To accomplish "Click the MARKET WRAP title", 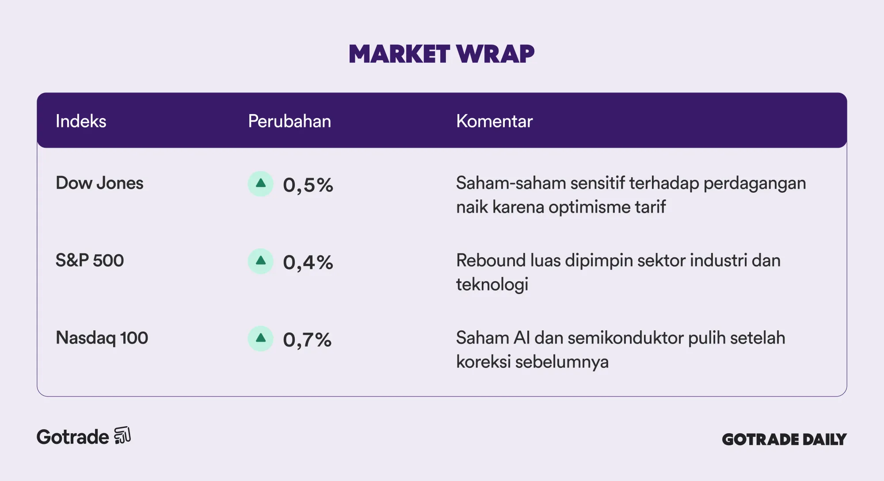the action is tap(442, 54).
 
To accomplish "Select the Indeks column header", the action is tap(81, 121).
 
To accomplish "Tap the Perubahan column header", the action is tap(290, 121).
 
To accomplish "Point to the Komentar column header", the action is tap(494, 121).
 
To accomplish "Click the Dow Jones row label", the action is tap(99, 183).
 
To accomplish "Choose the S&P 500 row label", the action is tap(90, 260).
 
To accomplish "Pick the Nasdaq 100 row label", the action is tap(102, 338).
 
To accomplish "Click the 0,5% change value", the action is tap(308, 185).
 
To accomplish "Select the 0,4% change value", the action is tap(308, 262).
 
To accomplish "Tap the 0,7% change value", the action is tap(307, 340).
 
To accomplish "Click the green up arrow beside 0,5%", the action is tap(261, 183).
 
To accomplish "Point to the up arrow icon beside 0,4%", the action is tap(261, 261).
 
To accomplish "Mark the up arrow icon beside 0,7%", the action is tap(261, 338).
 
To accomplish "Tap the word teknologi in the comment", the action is tap(492, 285).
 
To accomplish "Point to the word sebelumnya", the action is tap(562, 362).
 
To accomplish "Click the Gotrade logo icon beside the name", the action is tap(122, 435).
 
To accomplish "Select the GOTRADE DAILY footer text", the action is tap(784, 439).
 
